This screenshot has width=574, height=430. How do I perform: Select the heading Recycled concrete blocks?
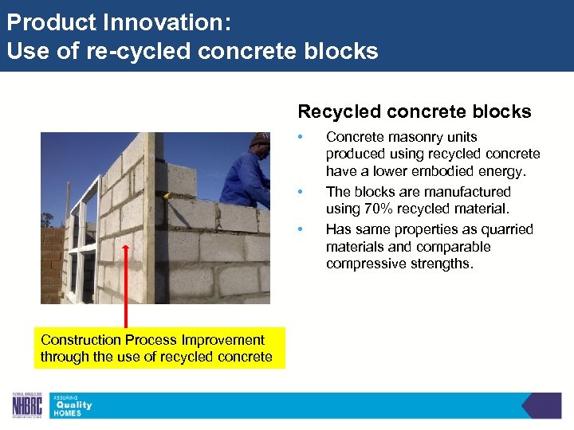coord(414,111)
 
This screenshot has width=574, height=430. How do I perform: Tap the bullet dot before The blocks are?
coord(300,192)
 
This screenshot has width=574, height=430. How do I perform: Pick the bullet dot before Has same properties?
coord(300,229)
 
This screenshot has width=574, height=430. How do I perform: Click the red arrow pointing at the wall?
coord(125,287)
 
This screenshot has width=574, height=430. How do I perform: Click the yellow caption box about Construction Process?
coord(156,349)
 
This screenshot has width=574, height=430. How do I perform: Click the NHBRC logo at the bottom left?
coord(27,405)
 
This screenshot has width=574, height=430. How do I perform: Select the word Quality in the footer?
coord(73,405)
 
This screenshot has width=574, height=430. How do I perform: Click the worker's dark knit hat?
coord(260,140)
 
